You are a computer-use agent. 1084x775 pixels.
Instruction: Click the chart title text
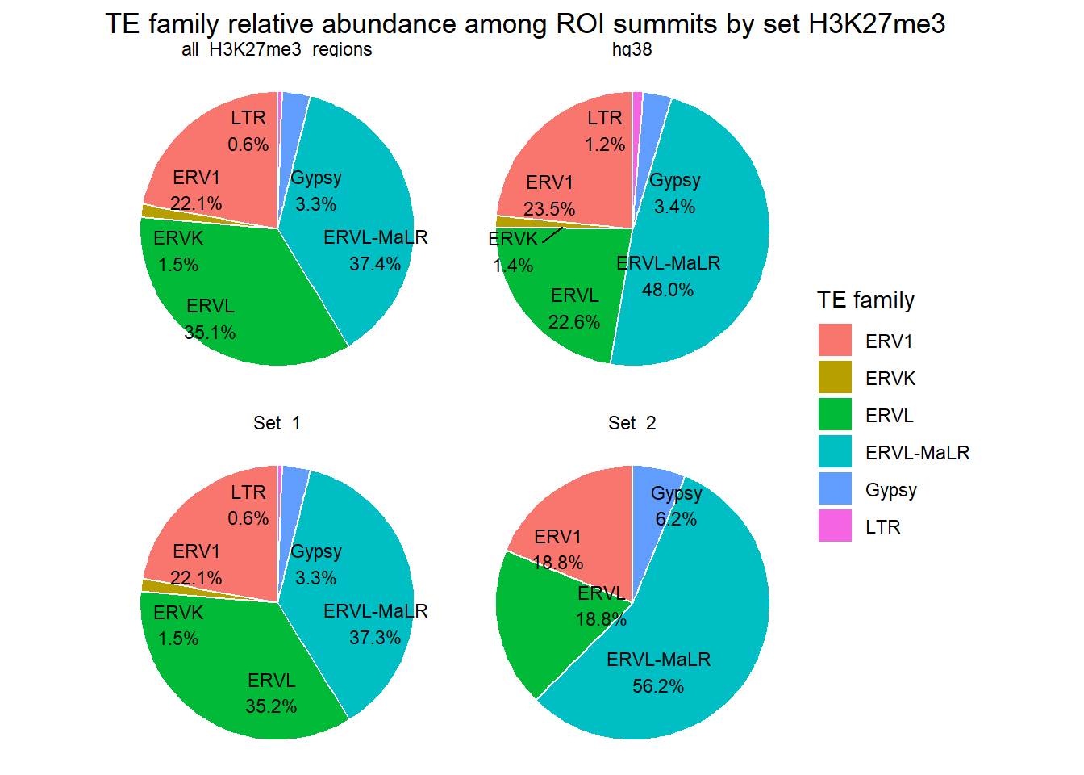pos(525,24)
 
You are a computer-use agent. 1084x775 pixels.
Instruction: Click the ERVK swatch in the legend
pos(835,378)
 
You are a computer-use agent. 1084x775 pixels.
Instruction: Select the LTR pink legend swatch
pos(835,526)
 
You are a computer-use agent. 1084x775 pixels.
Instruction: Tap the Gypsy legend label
pos(890,490)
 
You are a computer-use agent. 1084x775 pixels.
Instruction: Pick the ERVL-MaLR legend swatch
pos(835,452)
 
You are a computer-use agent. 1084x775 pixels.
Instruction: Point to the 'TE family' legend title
pos(865,300)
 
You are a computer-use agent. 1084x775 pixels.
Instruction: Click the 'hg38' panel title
pos(632,49)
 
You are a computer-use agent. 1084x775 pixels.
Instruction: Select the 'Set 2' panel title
pos(632,423)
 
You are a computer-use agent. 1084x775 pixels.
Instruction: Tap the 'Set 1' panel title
pos(277,423)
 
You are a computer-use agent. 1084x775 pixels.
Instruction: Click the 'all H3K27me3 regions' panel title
pos(277,49)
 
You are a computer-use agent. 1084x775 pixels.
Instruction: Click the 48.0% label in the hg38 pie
pos(668,290)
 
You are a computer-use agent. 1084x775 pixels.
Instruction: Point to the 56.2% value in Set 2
pos(658,686)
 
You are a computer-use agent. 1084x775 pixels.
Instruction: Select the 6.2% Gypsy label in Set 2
pos(676,519)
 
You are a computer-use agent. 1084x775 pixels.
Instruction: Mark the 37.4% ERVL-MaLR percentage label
pos(375,264)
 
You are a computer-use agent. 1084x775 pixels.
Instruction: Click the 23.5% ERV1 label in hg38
pos(549,209)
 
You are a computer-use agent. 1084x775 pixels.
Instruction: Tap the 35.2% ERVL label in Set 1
pos(271,706)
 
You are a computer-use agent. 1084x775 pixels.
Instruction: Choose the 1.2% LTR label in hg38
pos(605,145)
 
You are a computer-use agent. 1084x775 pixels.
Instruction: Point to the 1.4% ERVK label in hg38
pos(513,266)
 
